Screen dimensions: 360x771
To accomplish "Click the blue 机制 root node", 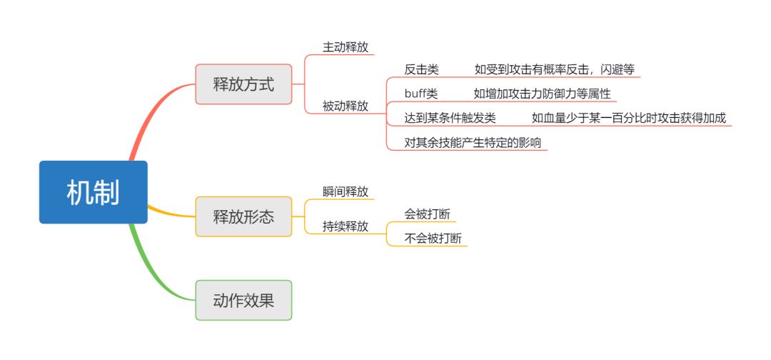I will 93,192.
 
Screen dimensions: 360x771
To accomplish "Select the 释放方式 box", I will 243,84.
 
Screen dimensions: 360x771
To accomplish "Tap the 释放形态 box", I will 243,216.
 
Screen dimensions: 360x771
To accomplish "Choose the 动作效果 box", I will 243,300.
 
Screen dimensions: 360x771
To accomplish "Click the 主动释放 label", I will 346,48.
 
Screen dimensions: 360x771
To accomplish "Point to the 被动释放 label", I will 346,106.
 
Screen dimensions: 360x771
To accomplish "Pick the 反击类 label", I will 422,69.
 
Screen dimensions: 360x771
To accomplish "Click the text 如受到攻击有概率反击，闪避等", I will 554,69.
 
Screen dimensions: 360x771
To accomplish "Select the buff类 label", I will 421,94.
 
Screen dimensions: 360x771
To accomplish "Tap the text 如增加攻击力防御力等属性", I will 542,94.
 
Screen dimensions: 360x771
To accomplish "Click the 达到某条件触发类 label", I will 450,118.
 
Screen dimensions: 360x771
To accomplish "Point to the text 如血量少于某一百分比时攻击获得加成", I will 628,118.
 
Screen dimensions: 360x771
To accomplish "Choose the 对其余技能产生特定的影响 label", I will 473,142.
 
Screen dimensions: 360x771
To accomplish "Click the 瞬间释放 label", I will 346,191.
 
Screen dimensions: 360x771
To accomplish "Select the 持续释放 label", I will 346,226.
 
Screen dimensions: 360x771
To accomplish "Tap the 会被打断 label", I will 427,214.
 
